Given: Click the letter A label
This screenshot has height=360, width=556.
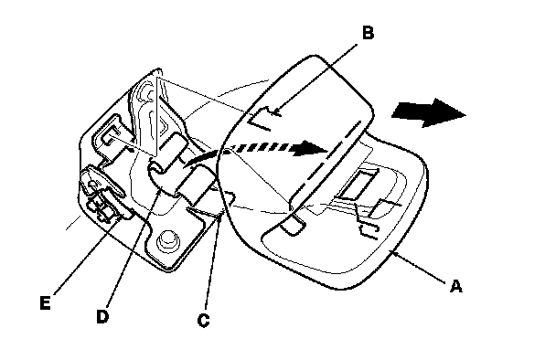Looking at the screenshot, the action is click(456, 286).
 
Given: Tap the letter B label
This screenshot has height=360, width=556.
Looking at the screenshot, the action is click(368, 33).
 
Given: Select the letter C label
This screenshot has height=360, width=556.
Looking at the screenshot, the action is click(203, 321).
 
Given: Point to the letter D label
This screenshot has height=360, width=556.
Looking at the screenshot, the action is click(102, 316).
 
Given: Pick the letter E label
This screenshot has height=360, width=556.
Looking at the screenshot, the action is click(45, 303).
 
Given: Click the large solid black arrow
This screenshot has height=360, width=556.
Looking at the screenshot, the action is click(428, 112).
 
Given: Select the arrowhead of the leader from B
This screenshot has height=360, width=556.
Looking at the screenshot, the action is click(277, 112).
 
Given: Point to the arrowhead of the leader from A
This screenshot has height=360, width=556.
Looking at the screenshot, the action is click(394, 253).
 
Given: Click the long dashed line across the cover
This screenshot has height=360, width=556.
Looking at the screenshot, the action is click(326, 166).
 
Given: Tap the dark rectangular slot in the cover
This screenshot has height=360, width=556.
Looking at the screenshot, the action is click(357, 184).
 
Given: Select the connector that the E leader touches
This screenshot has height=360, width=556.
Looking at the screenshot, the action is click(103, 208).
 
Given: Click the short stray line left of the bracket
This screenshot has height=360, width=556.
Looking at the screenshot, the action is click(74, 223).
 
